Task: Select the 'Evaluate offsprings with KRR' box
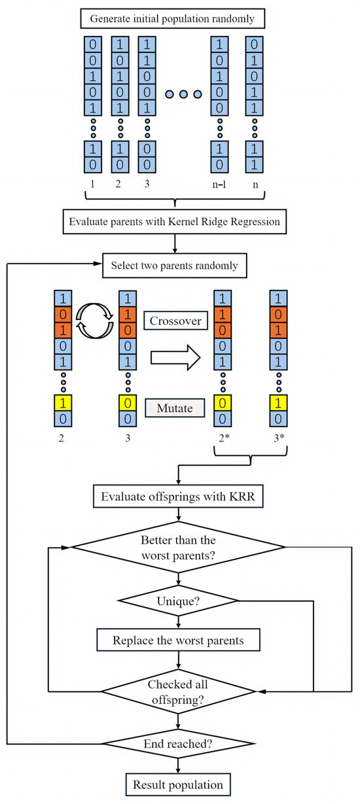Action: (x=178, y=497)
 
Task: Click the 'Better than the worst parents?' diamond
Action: (x=178, y=548)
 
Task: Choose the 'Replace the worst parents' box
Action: (x=178, y=640)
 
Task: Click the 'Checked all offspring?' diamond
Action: (x=178, y=691)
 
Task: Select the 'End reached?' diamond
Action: (x=178, y=744)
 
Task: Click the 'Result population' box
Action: (x=178, y=784)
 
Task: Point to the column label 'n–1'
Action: (x=221, y=184)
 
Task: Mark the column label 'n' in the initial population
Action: (x=255, y=184)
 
